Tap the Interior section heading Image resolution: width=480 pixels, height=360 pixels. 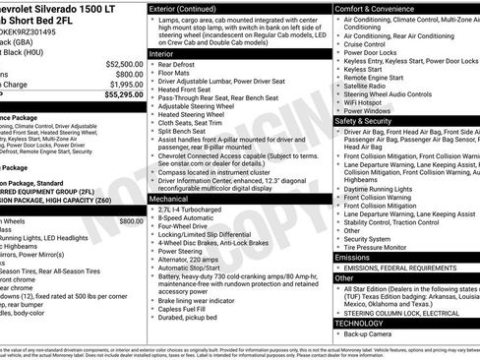(x=166, y=54)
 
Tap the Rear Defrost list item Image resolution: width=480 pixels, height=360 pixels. (x=178, y=66)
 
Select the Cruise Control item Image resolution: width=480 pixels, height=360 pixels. (x=365, y=44)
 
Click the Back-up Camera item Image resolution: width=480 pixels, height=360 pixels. (x=371, y=334)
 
